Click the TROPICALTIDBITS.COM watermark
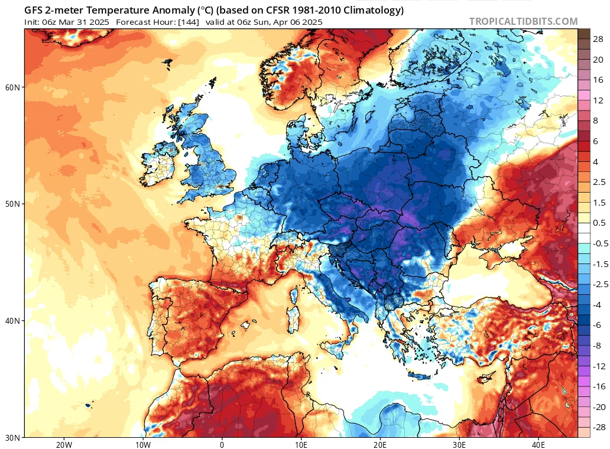pos(523,21)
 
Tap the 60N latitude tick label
pos(12,87)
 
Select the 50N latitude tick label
pos(12,204)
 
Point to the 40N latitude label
pos(12,321)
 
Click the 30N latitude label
pos(12,438)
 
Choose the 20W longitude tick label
pos(64,445)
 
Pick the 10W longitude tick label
pos(143,445)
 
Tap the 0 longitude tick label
pos(222,445)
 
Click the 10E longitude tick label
pos(301,445)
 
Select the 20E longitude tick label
pos(380,445)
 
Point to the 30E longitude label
pos(459,445)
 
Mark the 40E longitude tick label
pos(538,445)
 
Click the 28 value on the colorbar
pos(598,39)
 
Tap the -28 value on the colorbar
pos(599,427)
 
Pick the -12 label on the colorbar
pos(599,366)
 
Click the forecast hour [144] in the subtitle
pos(189,22)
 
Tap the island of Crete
pos(420,376)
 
